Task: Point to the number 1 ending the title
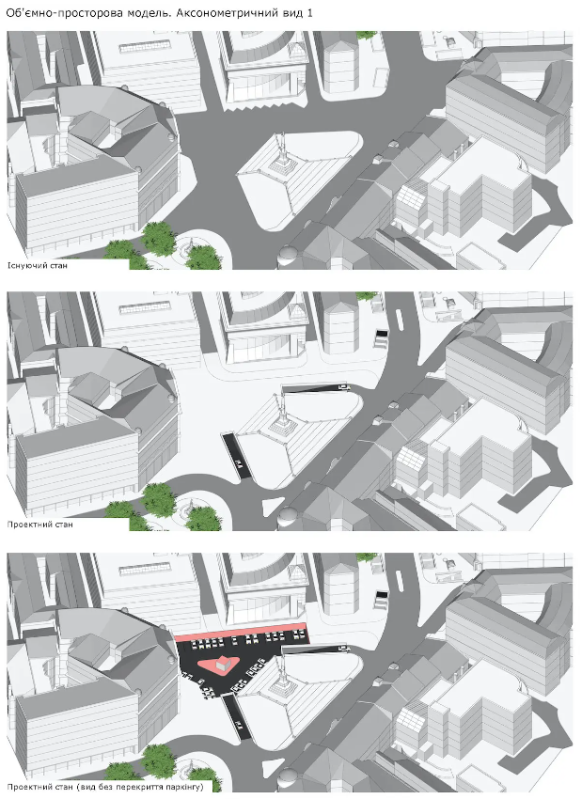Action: click(x=309, y=13)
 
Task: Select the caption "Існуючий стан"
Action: click(x=37, y=265)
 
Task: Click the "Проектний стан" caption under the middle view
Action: click(x=39, y=525)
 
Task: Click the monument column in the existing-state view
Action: click(x=281, y=152)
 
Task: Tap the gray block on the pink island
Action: click(x=221, y=664)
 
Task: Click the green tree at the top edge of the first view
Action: click(x=367, y=35)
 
